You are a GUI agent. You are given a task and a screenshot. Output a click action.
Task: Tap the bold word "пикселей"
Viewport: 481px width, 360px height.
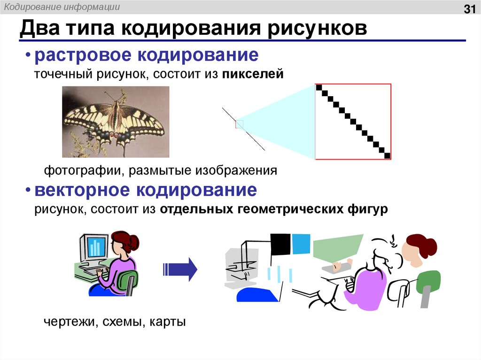254,74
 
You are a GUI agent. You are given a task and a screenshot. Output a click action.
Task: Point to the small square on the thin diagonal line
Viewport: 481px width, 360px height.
240,124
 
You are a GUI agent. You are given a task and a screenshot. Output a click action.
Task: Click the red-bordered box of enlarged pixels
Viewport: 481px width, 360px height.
353,122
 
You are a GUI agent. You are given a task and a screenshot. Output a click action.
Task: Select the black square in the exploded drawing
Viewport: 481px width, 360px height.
281,244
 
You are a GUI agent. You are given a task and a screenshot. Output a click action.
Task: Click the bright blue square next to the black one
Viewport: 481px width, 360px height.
301,243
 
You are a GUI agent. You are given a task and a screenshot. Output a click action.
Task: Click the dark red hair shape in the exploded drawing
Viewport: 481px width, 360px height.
421,244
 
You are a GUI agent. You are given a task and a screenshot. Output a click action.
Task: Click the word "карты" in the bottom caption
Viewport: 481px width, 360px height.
170,322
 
